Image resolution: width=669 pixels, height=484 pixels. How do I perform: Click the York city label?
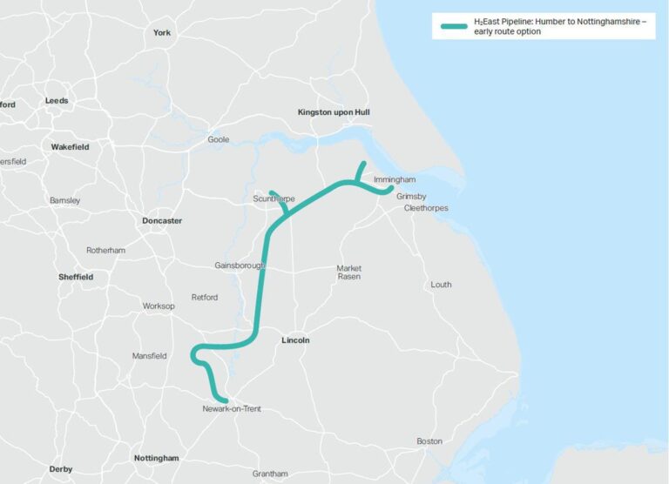(x=162, y=33)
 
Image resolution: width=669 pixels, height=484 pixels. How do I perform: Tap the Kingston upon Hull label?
(x=334, y=112)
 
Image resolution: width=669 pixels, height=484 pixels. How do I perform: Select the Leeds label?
(x=57, y=100)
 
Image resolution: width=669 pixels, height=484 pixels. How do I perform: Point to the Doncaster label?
(x=162, y=221)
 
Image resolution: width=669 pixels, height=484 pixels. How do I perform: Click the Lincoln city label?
(x=296, y=340)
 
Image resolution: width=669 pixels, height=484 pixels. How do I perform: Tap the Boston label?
(x=429, y=441)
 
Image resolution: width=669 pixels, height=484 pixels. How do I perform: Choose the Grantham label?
(x=270, y=474)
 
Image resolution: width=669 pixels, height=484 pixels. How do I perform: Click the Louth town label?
(x=442, y=285)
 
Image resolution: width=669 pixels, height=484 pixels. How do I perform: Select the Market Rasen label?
(x=349, y=272)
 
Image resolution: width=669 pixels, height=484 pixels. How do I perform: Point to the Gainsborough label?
(x=239, y=265)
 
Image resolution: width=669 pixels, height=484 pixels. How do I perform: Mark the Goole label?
(x=219, y=139)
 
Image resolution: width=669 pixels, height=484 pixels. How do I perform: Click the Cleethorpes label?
(x=426, y=208)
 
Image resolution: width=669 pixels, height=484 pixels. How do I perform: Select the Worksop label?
(x=159, y=306)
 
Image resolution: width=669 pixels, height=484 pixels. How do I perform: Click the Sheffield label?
(x=76, y=277)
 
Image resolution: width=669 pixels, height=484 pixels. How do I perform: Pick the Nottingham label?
(x=157, y=458)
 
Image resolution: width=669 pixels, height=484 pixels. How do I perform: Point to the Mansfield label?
(x=149, y=356)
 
